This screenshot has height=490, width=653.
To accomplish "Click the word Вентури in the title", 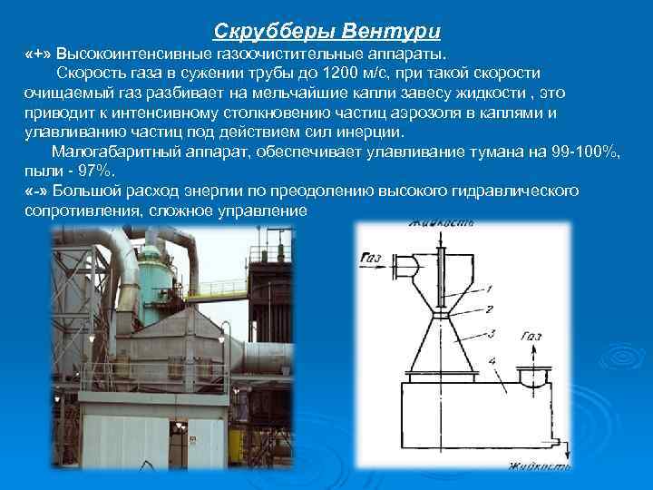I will click(395, 33).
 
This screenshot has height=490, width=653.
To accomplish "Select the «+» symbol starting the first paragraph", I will click(37, 54).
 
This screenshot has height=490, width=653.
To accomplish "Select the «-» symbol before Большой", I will click(37, 191).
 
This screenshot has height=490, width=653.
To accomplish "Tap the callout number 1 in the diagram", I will click(489, 289).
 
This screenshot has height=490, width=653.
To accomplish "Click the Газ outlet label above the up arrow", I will click(531, 336).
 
